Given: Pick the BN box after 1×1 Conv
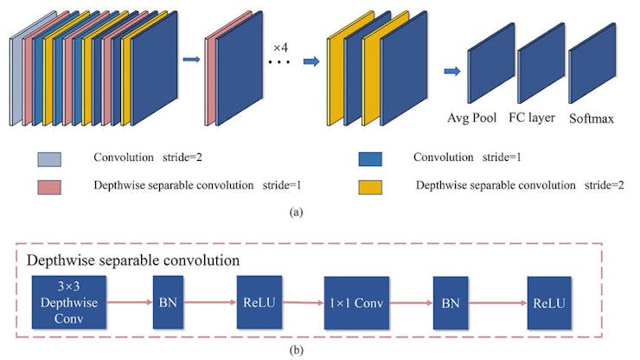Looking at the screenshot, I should click(x=452, y=303).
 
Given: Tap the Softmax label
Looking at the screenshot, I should click(x=592, y=118).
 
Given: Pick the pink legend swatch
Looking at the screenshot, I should click(x=49, y=184).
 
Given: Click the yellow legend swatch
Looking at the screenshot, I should click(x=370, y=184).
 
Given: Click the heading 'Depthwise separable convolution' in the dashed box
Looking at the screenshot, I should click(x=134, y=260).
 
